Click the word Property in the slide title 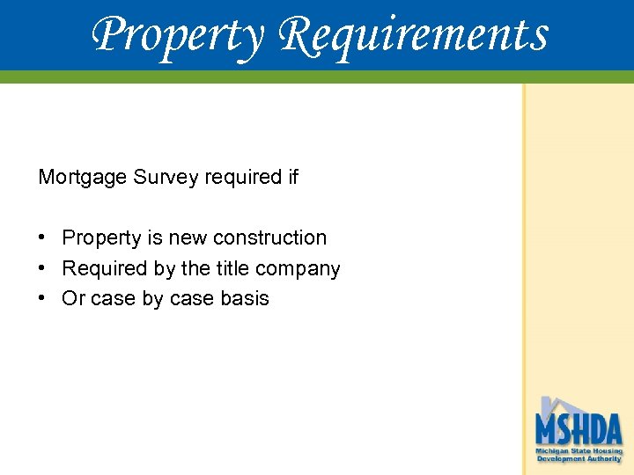coord(176,35)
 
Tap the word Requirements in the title coord(414,35)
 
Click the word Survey coord(166,178)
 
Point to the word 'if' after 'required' coord(292,178)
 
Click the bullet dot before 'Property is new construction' coord(42,237)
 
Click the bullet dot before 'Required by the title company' coord(42,268)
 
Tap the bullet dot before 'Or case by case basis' coord(42,298)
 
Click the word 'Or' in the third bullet coord(73,299)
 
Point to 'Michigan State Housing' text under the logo coord(579,451)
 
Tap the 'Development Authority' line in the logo coord(579,459)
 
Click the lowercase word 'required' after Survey coord(241,178)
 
